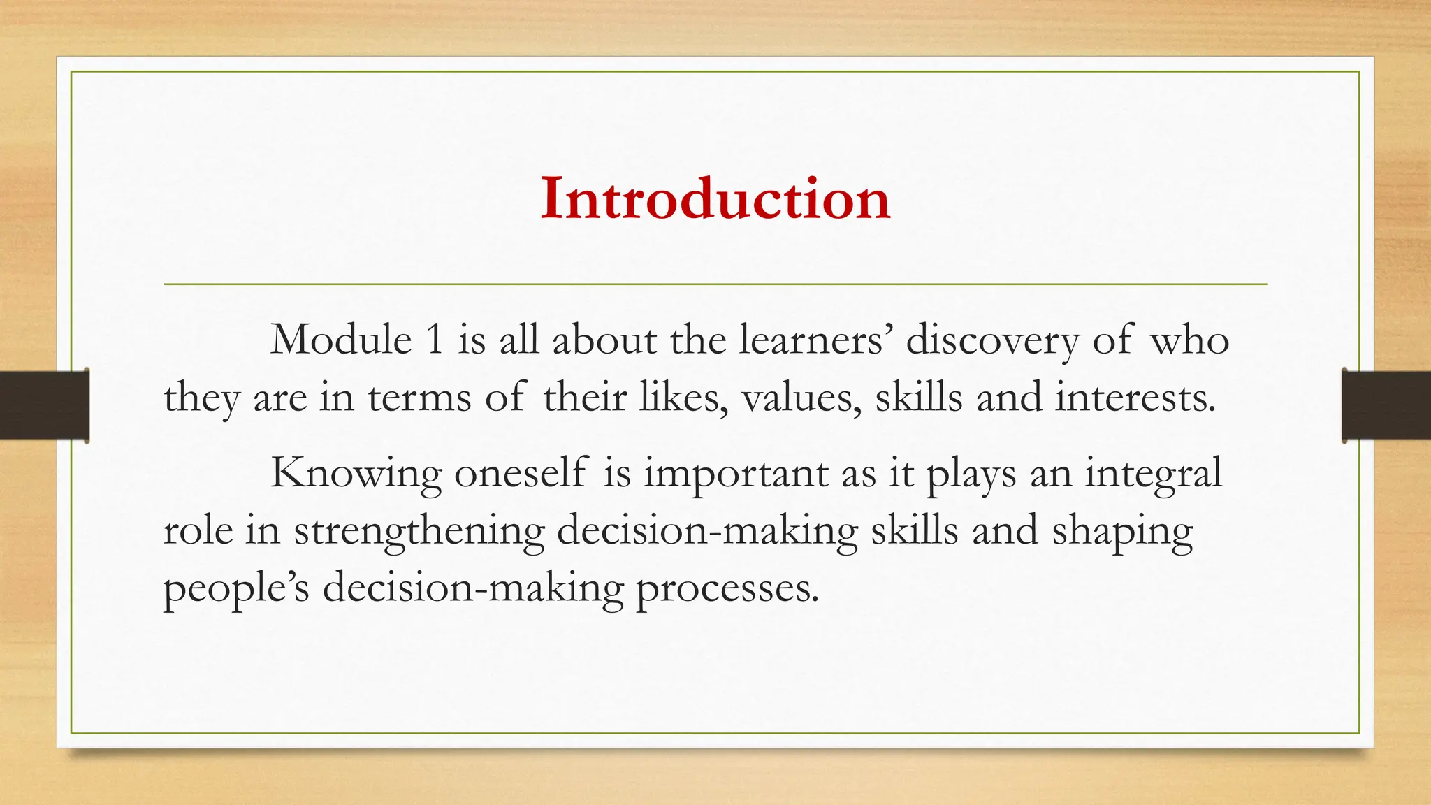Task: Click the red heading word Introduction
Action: [715, 199]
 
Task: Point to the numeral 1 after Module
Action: [434, 340]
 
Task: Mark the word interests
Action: [1135, 398]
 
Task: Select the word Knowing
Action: [356, 474]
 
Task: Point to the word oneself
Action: [521, 473]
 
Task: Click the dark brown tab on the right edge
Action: [1386, 405]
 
